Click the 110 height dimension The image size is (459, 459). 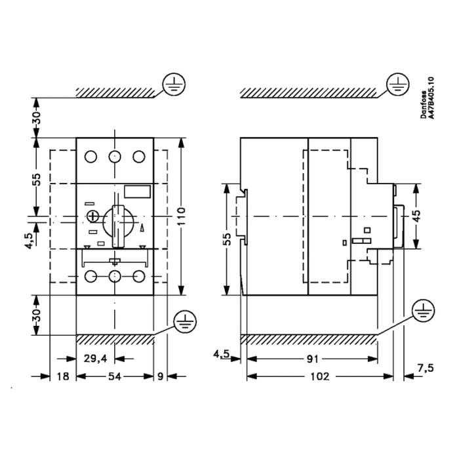(182, 216)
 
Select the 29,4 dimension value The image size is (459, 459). (96, 358)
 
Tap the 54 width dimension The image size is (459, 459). (115, 376)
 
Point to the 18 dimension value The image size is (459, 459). (63, 376)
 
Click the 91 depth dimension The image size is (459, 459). (312, 359)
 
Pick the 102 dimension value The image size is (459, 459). (320, 376)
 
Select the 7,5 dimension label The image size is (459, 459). (426, 368)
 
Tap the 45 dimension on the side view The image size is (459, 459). (416, 216)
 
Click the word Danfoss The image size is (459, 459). (424, 104)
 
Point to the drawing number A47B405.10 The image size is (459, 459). (431, 98)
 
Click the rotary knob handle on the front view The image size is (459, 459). (118, 226)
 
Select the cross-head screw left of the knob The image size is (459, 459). (93, 216)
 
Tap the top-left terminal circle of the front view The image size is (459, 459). (90, 157)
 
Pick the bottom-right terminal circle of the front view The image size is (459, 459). (139, 276)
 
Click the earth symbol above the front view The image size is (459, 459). (174, 85)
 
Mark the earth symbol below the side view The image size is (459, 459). (424, 311)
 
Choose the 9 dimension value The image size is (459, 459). (160, 376)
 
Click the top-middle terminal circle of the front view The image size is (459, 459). (115, 157)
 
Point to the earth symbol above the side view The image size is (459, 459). (398, 85)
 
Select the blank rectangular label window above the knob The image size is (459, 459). (138, 191)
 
